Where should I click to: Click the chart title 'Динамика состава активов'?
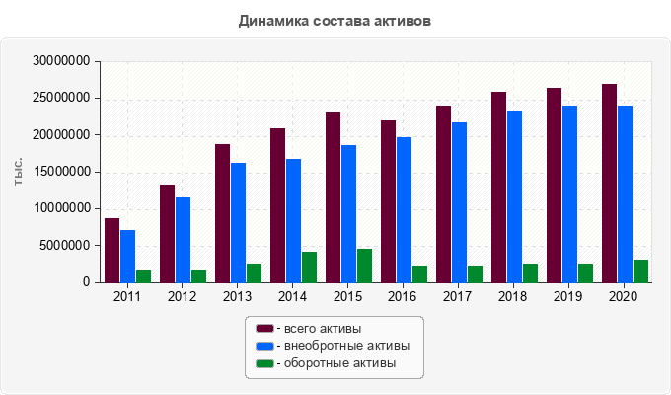pos(335,20)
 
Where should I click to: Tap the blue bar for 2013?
pos(239,222)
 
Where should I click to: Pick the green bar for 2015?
pos(365,266)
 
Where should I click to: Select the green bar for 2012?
pos(199,276)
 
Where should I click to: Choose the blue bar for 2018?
pos(515,197)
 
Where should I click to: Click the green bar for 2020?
pos(641,271)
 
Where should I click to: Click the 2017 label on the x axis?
pos(458,296)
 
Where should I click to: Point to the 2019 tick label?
pos(568,296)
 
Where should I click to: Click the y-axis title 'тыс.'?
pos(19,172)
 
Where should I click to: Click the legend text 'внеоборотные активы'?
pos(344,346)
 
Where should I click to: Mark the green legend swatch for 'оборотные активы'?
pos(264,363)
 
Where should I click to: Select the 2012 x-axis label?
pos(182,296)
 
